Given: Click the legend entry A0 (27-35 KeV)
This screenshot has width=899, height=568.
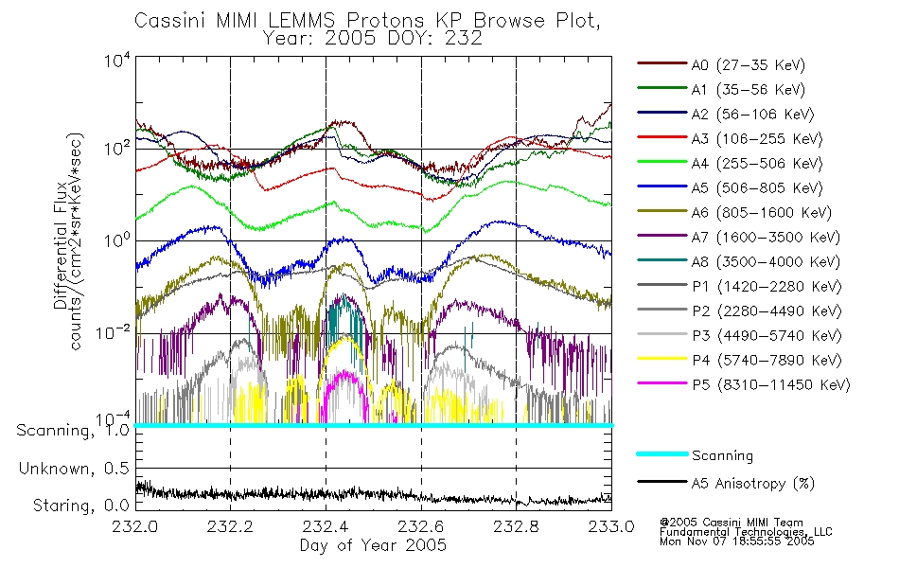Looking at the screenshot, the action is [x=748, y=64].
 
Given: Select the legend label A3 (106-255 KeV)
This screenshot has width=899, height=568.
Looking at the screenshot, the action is [x=757, y=139].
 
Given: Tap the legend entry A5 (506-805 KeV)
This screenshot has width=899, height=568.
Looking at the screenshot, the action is [x=757, y=188].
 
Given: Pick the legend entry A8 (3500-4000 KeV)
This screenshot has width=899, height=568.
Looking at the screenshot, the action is [x=766, y=262].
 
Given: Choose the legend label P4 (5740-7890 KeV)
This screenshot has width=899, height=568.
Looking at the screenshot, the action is [x=767, y=361].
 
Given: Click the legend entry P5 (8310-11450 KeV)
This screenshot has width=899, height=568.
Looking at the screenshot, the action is [x=770, y=385].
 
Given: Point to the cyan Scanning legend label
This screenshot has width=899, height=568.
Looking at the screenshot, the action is [x=722, y=455].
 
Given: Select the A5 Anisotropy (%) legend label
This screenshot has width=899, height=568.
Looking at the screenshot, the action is [x=753, y=484].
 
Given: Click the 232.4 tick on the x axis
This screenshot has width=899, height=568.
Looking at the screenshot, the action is [x=326, y=526].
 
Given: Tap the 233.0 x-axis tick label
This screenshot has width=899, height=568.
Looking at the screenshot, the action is [x=611, y=526].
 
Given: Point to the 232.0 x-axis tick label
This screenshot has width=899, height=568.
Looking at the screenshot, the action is [x=134, y=526].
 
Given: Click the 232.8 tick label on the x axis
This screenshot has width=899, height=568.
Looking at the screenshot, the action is [x=516, y=526].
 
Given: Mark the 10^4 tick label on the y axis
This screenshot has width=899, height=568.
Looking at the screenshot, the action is [x=117, y=61].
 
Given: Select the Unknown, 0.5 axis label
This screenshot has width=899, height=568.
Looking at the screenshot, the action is [x=74, y=469].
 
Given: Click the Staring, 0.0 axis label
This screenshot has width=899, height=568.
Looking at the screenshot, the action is [x=80, y=506].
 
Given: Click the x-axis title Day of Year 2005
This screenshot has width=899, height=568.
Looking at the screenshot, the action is [x=373, y=545].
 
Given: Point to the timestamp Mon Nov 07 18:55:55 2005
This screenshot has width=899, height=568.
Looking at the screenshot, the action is [x=737, y=541].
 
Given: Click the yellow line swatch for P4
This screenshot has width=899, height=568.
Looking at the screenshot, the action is [x=662, y=359].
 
